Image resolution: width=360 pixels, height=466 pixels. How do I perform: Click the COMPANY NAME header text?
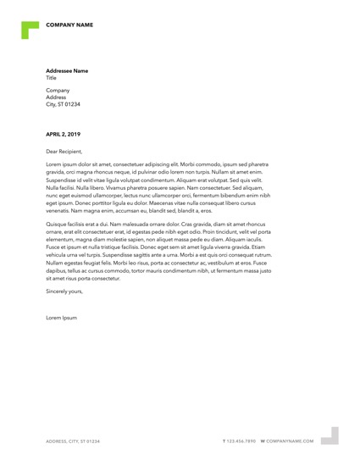click(69, 25)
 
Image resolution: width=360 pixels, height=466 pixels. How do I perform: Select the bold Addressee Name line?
click(67, 70)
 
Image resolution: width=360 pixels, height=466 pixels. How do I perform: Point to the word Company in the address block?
click(58, 90)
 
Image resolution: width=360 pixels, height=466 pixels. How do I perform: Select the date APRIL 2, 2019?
click(64, 135)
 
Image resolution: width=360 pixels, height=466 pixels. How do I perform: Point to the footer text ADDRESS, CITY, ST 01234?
click(73, 441)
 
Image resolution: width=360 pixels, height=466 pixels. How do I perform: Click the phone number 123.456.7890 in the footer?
click(242, 441)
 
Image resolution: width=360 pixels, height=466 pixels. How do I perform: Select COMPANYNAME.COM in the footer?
click(291, 441)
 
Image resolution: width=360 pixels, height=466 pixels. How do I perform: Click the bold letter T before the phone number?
click(224, 441)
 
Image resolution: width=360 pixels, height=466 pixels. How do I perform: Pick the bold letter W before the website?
click(263, 441)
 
